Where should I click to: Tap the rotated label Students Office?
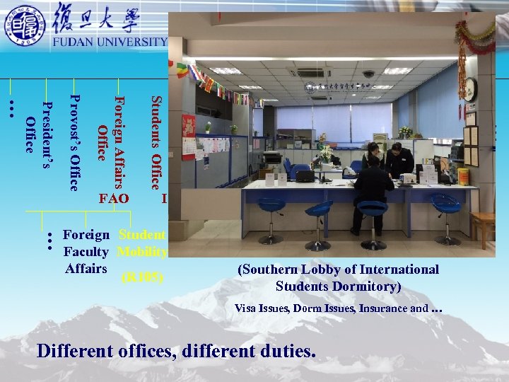pyautogui.click(x=156, y=142)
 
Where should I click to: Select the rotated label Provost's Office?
pyautogui.click(x=74, y=142)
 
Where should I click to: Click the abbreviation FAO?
pyautogui.click(x=114, y=199)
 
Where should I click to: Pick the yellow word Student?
pyautogui.click(x=142, y=235)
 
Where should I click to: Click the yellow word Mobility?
pyautogui.click(x=143, y=252)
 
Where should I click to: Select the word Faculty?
pyautogui.click(x=86, y=252)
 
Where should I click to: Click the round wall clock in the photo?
pyautogui.click(x=469, y=90)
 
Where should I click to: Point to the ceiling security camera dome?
pyautogui.click(x=368, y=74)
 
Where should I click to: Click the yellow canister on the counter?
pyautogui.click(x=464, y=176)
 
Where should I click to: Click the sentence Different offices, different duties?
pyautogui.click(x=176, y=351)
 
